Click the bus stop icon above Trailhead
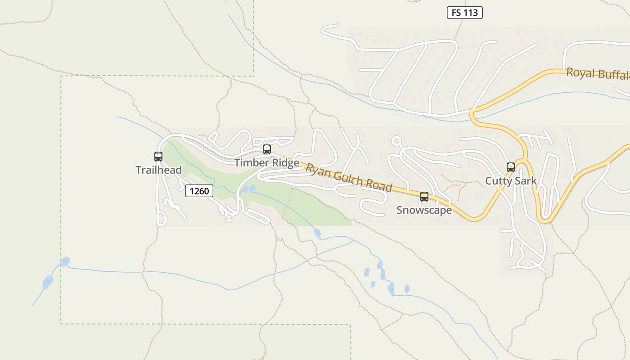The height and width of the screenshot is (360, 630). [x=158, y=157]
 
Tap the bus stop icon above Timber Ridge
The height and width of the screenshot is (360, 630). [x=267, y=149]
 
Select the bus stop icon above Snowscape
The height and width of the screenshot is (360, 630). [x=424, y=197]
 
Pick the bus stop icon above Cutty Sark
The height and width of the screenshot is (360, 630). [x=511, y=167]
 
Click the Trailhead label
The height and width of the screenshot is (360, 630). [x=159, y=170]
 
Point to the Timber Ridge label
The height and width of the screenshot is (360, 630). [x=267, y=163]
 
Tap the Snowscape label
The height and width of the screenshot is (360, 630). [x=424, y=210]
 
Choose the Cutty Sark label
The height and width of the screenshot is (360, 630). [x=511, y=181]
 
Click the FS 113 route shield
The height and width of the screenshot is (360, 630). [x=464, y=13]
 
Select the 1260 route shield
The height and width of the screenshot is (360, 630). [x=199, y=191]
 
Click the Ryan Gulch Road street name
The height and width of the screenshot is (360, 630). [x=349, y=177]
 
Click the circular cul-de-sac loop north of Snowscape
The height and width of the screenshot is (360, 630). [x=396, y=141]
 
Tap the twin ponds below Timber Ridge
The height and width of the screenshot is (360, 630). [x=249, y=189]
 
